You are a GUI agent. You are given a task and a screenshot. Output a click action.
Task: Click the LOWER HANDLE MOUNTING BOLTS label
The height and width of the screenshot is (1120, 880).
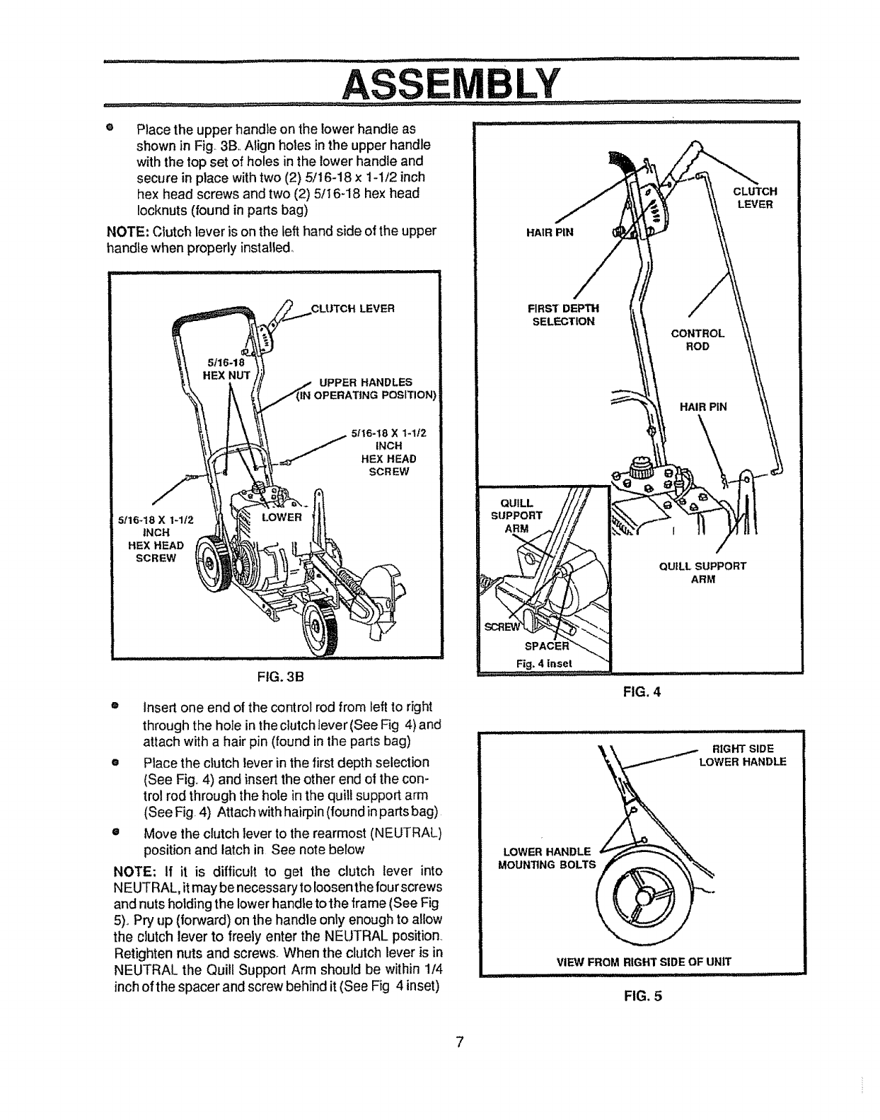coord(549,858)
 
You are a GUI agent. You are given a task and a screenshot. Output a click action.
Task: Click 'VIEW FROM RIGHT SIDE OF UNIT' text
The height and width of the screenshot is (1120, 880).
coord(643,961)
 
